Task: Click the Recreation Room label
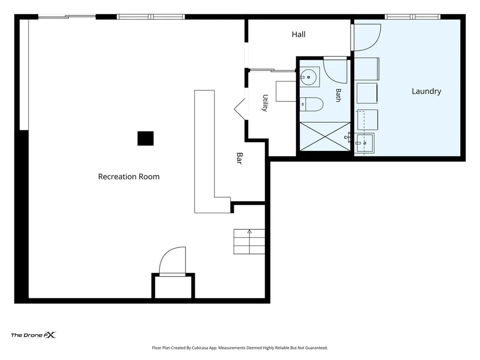point(128,177)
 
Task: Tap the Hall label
point(299,34)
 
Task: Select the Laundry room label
point(426,91)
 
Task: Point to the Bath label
point(338,95)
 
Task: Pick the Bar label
point(240,158)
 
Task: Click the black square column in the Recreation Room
point(145,138)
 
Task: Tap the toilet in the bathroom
point(311,105)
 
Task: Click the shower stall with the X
point(325,136)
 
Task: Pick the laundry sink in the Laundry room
point(365,143)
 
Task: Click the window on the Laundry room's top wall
point(412,16)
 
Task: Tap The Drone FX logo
point(34,335)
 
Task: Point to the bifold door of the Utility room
point(240,109)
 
